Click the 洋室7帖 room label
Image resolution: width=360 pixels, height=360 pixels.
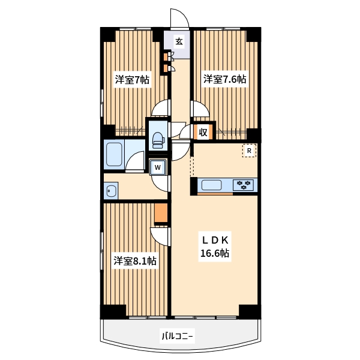[x=132, y=80]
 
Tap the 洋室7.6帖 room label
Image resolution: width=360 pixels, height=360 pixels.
[x=224, y=79]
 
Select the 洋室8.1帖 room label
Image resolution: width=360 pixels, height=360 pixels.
[x=135, y=261]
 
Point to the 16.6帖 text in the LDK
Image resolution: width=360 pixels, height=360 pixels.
[x=215, y=253]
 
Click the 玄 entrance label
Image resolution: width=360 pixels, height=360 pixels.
[x=179, y=41]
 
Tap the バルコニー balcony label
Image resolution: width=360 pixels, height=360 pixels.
[x=177, y=337]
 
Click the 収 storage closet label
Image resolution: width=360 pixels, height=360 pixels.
[x=203, y=132]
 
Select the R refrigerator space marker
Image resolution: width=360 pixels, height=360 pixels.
[x=249, y=151]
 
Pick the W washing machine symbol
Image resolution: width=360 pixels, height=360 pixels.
[x=157, y=167]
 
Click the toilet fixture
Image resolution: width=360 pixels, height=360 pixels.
[x=158, y=140]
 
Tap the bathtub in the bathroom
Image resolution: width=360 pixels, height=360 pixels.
[x=114, y=154]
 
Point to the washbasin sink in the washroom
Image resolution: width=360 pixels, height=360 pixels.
[x=112, y=191]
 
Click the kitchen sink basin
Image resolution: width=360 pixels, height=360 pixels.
[x=211, y=185]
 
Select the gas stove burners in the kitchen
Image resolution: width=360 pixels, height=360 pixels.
[x=244, y=185]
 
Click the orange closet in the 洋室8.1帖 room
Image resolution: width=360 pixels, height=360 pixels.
[x=161, y=212]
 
